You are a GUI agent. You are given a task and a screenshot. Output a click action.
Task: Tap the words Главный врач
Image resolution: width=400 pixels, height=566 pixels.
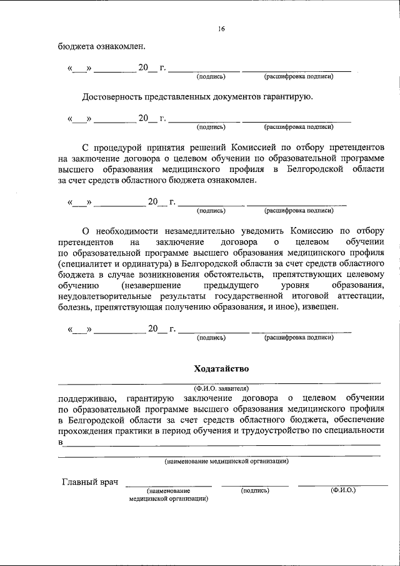coord(90,482)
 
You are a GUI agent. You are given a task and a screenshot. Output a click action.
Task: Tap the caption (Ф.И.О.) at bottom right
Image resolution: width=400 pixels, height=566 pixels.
coord(342,491)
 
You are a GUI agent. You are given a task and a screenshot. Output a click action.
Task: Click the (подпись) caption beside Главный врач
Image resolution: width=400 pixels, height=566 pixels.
coord(255,491)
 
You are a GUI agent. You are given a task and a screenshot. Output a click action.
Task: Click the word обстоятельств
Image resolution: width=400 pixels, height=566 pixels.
coord(219,274)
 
